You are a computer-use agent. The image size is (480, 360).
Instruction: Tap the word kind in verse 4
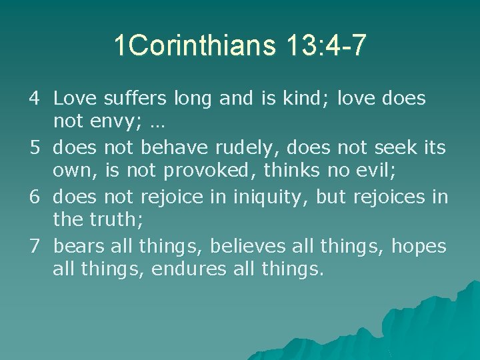309,99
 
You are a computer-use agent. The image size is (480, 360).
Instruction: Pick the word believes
248,247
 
